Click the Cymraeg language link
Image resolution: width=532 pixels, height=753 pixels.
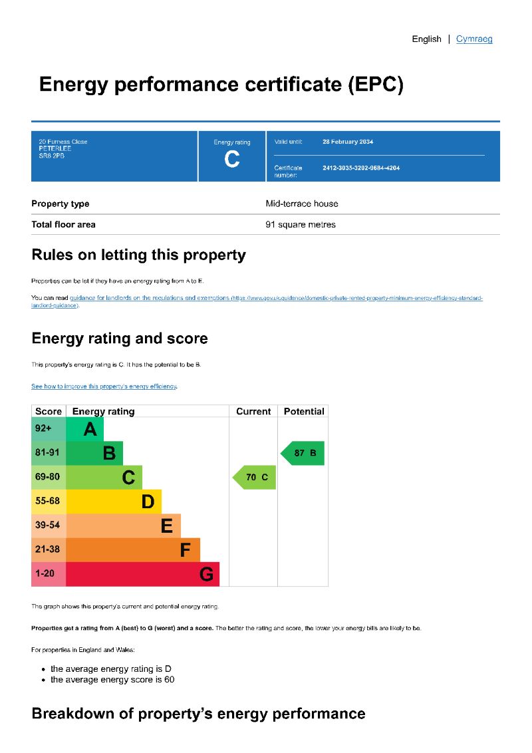click(474, 39)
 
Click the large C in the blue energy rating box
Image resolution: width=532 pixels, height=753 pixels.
click(232, 160)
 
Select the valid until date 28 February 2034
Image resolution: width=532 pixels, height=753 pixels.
click(348, 142)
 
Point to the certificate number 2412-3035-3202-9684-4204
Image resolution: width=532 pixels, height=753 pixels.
click(361, 168)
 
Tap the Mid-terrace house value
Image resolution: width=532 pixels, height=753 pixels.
click(302, 204)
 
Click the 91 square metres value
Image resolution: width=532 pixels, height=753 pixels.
click(301, 224)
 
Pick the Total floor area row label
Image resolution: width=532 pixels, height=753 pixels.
click(63, 224)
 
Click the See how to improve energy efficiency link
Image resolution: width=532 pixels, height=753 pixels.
click(104, 386)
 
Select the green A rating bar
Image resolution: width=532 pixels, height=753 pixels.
click(85, 430)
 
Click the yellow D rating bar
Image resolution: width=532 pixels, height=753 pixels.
click(114, 502)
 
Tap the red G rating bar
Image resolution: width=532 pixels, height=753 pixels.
click(142, 573)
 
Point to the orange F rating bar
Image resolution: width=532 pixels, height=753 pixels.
click(133, 549)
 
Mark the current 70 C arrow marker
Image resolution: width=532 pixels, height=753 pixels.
click(255, 477)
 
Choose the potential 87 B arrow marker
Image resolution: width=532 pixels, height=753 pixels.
click(303, 453)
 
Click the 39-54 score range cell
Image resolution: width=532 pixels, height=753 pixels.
click(49, 526)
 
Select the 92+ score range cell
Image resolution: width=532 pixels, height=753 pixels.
click(49, 430)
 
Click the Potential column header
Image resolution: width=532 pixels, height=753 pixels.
click(304, 412)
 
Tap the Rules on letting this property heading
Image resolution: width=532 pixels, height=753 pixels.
click(138, 255)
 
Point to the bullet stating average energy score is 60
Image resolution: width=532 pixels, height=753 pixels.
click(112, 679)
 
